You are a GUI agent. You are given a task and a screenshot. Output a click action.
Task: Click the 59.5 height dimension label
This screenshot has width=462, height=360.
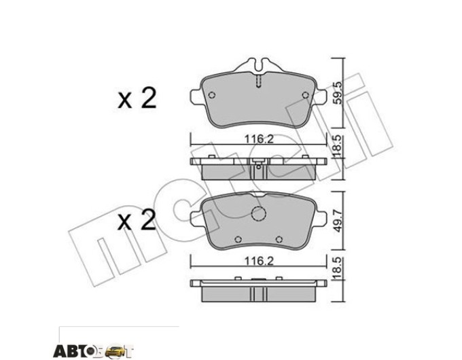(338, 93)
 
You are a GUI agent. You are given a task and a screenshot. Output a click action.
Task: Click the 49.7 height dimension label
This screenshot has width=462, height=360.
(338, 220)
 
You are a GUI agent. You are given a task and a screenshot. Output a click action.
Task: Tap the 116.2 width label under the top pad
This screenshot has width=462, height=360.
(259, 139)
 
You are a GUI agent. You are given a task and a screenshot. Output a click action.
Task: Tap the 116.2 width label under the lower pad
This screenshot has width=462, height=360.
(259, 261)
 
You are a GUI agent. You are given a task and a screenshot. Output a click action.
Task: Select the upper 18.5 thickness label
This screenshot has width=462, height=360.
(338, 146)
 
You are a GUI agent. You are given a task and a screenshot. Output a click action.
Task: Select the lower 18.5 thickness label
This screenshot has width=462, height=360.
(338, 268)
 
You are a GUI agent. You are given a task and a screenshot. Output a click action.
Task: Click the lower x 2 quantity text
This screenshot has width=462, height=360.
(137, 220)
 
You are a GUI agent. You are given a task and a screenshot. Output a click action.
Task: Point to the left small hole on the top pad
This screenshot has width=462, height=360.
(212, 95)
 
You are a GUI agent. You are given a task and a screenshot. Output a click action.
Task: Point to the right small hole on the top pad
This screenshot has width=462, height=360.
(306, 95)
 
